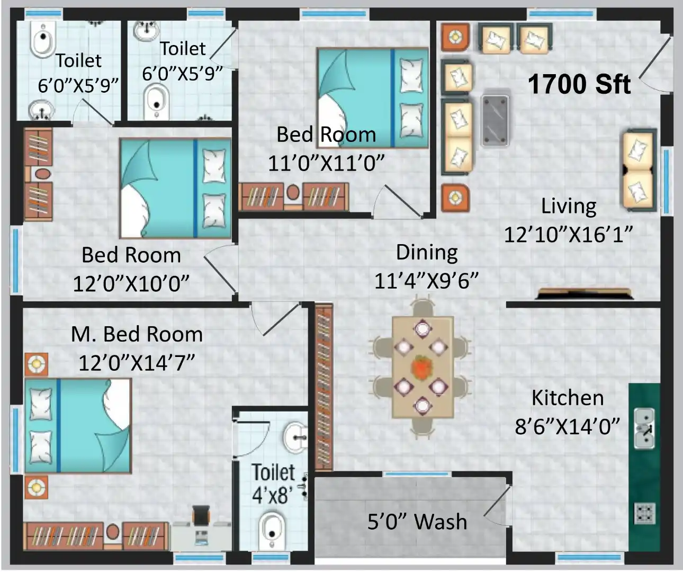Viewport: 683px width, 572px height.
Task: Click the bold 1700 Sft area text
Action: click(x=579, y=84)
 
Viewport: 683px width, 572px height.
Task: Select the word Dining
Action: click(x=427, y=253)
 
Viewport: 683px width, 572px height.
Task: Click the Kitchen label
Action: click(x=568, y=398)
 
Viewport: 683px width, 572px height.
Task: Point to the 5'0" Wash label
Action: click(x=417, y=521)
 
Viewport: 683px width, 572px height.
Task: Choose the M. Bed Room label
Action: click(x=137, y=334)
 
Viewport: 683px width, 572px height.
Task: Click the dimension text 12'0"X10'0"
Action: click(x=131, y=283)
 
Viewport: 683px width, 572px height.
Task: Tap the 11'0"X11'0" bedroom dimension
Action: click(x=326, y=163)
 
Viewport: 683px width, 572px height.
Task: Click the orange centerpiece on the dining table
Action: click(x=423, y=365)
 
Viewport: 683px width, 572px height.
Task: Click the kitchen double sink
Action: click(x=644, y=428)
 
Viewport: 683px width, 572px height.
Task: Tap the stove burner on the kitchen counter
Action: click(x=645, y=513)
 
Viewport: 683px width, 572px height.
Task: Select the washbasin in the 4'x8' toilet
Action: click(x=295, y=437)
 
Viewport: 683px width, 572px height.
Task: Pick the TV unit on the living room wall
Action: click(x=584, y=293)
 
